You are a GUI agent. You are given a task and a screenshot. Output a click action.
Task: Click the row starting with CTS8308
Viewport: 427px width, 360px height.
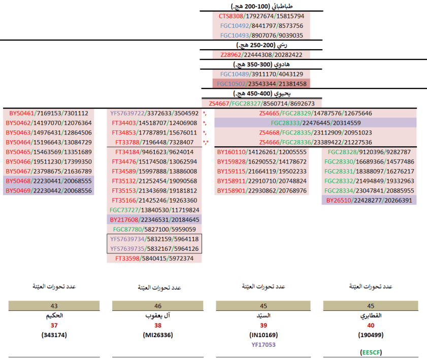pos(261,16)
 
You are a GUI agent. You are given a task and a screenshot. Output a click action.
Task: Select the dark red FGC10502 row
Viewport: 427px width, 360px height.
pos(261,84)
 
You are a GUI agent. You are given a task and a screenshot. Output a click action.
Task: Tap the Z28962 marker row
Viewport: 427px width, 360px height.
pos(261,55)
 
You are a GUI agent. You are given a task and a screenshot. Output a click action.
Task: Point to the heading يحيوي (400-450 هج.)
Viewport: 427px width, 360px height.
pos(261,93)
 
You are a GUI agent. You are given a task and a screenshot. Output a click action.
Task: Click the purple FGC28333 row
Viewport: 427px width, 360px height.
pos(315,123)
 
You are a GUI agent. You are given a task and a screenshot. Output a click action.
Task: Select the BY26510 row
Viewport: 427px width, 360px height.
pos(369,200)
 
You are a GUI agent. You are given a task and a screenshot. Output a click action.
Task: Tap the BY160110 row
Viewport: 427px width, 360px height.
pos(261,152)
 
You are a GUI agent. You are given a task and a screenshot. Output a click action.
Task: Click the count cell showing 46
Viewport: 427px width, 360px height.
pos(157,306)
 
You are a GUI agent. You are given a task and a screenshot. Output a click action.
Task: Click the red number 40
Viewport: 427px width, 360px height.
pos(370,325)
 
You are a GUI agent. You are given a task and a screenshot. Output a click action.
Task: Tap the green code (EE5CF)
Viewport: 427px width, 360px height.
pos(370,352)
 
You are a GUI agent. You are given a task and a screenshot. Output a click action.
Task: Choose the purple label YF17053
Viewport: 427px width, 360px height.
pos(264,344)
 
